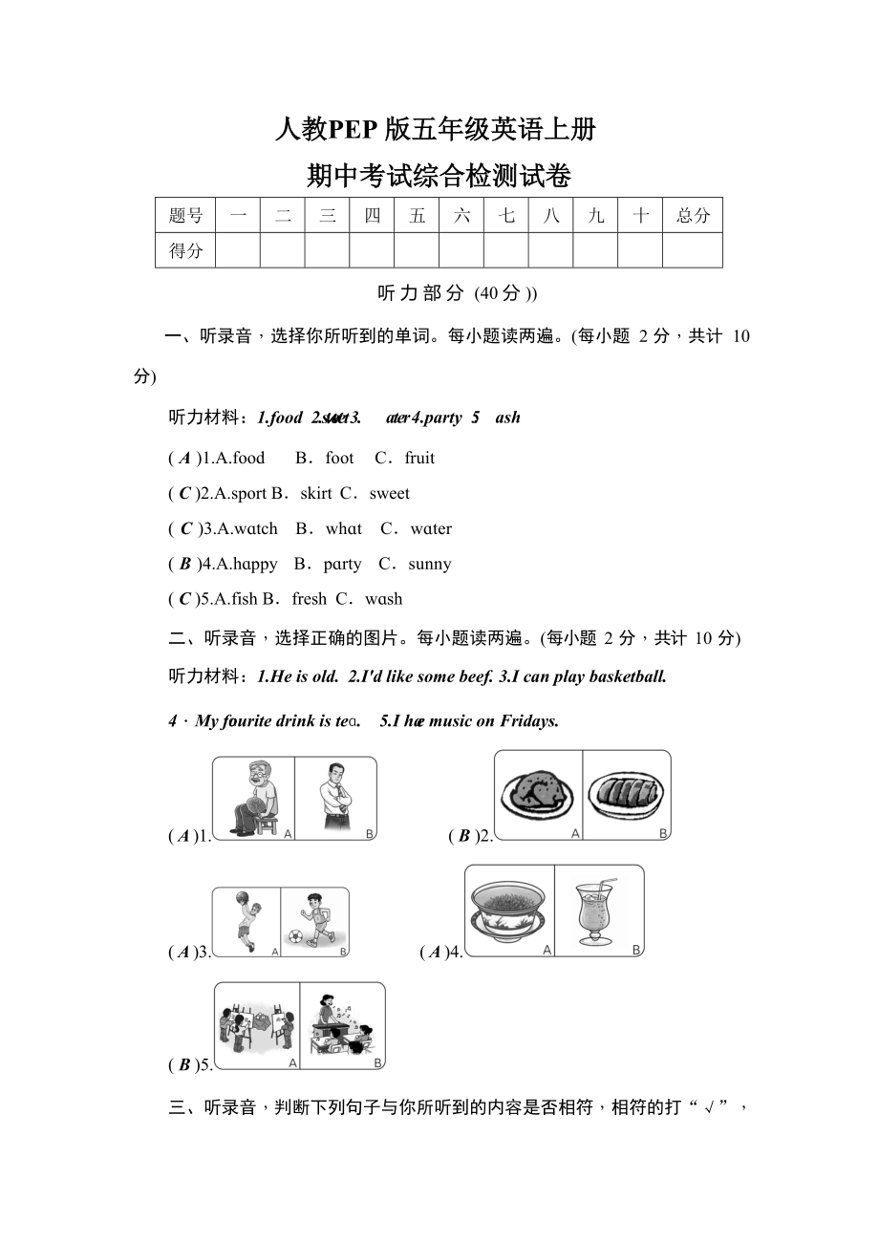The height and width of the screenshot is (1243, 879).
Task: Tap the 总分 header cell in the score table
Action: click(693, 215)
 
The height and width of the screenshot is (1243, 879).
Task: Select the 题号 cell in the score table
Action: click(185, 215)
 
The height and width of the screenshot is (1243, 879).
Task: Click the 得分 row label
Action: click(185, 250)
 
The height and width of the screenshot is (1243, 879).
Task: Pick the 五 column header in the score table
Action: click(417, 215)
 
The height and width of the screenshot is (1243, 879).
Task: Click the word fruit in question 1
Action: click(419, 458)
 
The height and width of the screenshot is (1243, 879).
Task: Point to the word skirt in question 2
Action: click(316, 493)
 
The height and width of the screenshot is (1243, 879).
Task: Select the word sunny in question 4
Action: click(430, 564)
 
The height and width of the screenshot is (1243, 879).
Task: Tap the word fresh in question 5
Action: click(309, 599)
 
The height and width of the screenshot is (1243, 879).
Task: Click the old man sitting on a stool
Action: click(253, 797)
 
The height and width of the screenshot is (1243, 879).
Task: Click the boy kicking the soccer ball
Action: click(315, 920)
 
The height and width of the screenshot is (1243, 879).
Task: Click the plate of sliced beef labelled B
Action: click(626, 794)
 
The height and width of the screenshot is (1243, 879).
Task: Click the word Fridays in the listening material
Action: click(527, 720)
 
